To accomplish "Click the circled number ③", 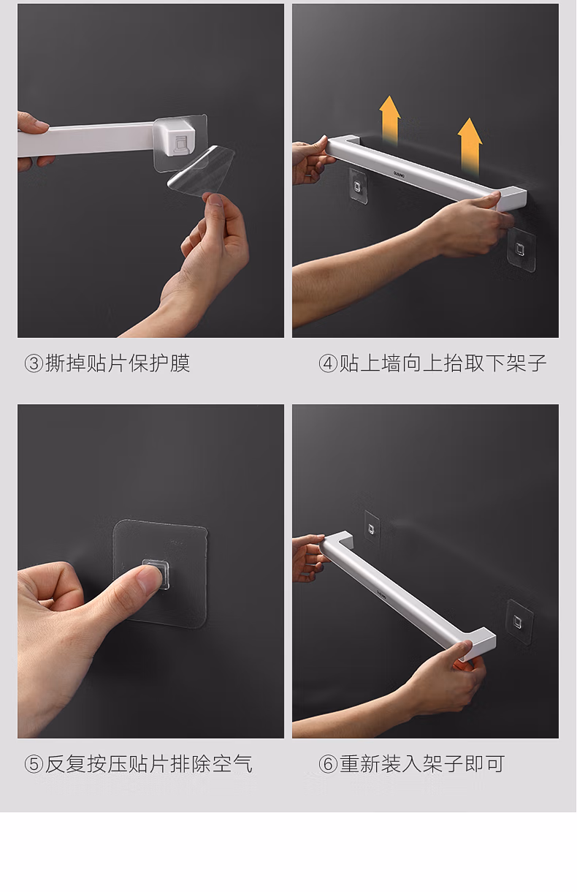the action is point(34,363).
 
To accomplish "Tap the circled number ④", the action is point(328,363).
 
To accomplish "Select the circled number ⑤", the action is point(34,764).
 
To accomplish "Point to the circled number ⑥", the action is point(328,764).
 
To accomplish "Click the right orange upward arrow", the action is point(470,146).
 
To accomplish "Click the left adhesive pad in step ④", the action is point(358,186).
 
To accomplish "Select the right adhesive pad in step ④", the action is point(521,250).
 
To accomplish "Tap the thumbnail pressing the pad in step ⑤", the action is point(149,579).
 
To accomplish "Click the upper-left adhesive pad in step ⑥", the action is point(372,528).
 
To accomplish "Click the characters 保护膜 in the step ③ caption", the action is point(159,363).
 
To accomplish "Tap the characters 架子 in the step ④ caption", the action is point(527,363).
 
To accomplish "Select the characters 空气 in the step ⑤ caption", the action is point(232,764).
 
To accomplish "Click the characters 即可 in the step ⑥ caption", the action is point(485,764).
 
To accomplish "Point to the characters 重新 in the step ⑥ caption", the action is point(360,764).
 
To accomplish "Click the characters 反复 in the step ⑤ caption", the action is point(66,764).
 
